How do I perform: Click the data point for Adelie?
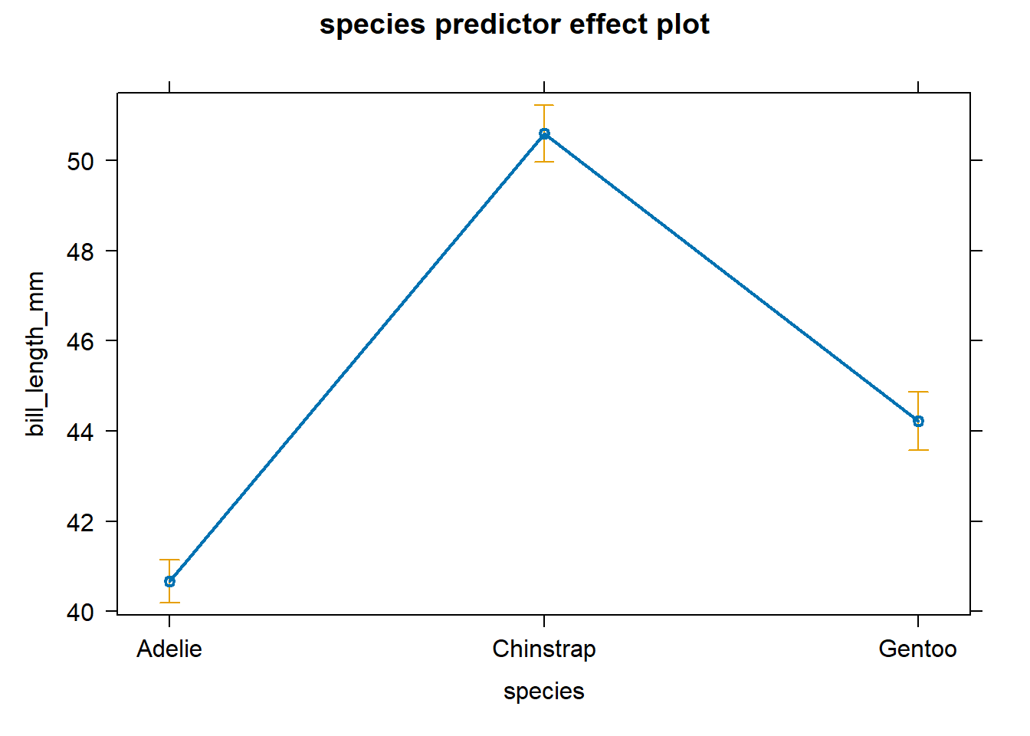click(169, 581)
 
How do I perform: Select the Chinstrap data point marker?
click(544, 133)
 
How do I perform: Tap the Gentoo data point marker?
click(918, 421)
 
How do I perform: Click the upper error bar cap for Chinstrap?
click(544, 105)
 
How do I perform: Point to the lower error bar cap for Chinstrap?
click(544, 162)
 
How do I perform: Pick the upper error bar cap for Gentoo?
click(918, 392)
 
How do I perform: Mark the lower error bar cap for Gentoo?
click(918, 450)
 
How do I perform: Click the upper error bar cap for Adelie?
click(169, 560)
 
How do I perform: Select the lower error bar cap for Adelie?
click(169, 603)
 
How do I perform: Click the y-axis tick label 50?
click(80, 162)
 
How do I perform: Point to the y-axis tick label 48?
click(80, 251)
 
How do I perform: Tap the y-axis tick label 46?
click(80, 342)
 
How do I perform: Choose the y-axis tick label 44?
click(80, 432)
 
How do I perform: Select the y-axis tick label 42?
click(80, 523)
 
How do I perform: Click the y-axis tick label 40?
click(80, 613)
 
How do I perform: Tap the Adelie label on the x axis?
click(169, 649)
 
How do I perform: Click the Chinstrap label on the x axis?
click(544, 649)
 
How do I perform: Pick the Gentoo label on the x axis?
click(917, 649)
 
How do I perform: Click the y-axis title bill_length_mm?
click(35, 354)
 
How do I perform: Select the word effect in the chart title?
click(600, 25)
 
